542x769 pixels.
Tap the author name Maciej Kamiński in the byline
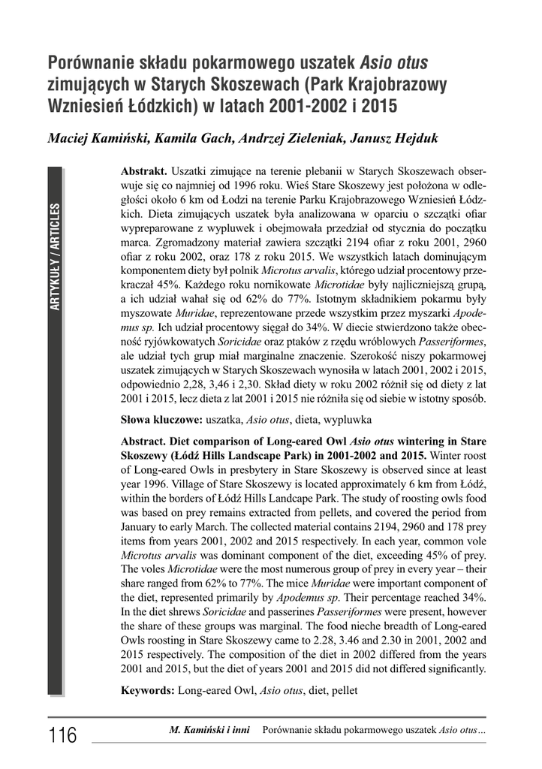[98, 140]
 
